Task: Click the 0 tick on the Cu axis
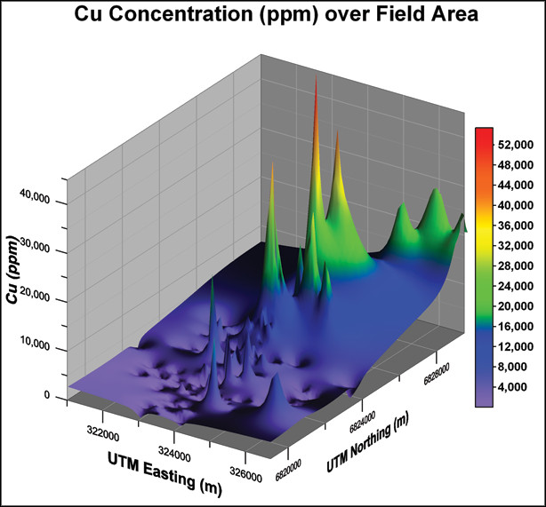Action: point(55,395)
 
